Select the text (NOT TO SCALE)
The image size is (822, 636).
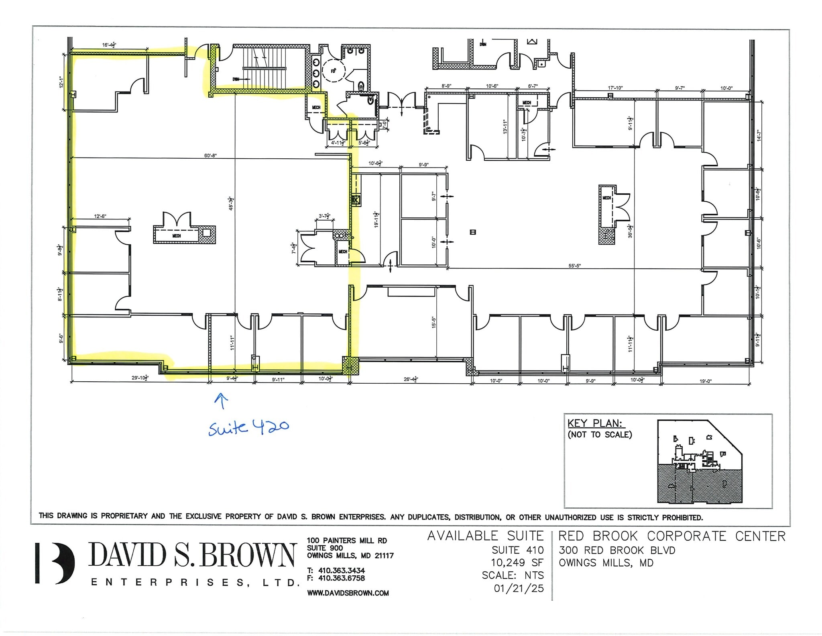(600, 434)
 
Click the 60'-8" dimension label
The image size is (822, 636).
(210, 155)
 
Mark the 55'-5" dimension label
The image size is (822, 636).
(575, 266)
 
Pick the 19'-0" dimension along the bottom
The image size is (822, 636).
(705, 381)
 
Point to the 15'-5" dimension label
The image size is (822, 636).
(433, 322)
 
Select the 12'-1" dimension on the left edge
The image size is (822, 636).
(61, 82)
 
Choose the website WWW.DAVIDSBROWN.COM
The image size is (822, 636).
(348, 593)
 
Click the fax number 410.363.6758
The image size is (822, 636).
(341, 578)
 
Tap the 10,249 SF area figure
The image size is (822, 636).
(517, 562)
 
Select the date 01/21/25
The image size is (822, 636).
(519, 588)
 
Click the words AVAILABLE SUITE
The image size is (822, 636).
(485, 536)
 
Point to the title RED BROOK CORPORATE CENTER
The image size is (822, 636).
(671, 536)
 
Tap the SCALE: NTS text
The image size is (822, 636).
(513, 575)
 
